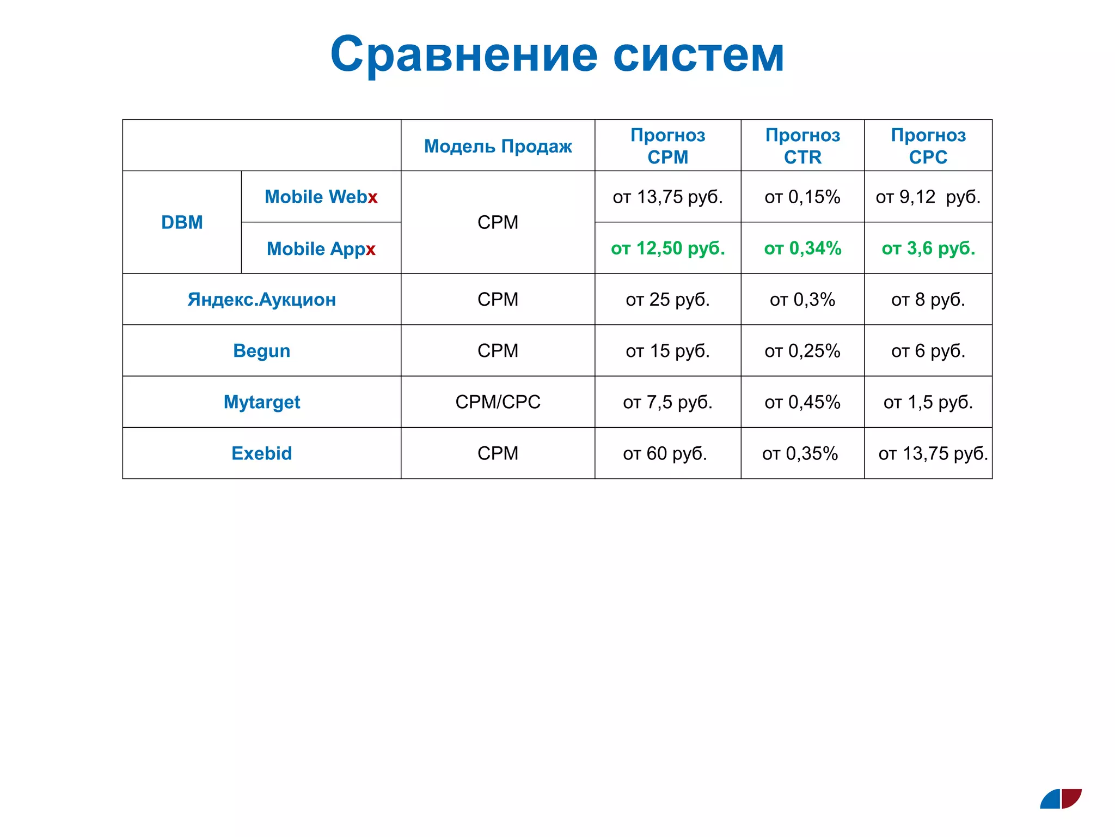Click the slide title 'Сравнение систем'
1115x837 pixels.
(557, 54)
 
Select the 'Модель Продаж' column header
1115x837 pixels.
(498, 146)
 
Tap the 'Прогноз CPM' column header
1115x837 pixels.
(667, 145)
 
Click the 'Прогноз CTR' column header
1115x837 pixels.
(802, 145)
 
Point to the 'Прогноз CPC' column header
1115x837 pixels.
(928, 145)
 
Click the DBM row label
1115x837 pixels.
(182, 222)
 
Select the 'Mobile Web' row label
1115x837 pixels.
(321, 197)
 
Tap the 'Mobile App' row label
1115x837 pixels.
(321, 248)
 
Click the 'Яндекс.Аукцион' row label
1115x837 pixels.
(261, 299)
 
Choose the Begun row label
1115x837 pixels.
(261, 350)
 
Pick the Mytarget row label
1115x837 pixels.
(261, 402)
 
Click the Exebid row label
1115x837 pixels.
(261, 453)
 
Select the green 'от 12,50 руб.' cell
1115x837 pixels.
(667, 248)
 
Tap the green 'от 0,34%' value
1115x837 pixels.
(802, 248)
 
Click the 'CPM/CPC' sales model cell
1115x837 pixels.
(498, 402)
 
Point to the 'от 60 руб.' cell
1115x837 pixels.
(665, 453)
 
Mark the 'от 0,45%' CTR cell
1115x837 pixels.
(802, 402)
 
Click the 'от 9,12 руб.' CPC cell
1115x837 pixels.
(928, 197)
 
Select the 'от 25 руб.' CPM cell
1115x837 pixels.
(667, 299)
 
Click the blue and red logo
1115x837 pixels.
(1061, 799)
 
